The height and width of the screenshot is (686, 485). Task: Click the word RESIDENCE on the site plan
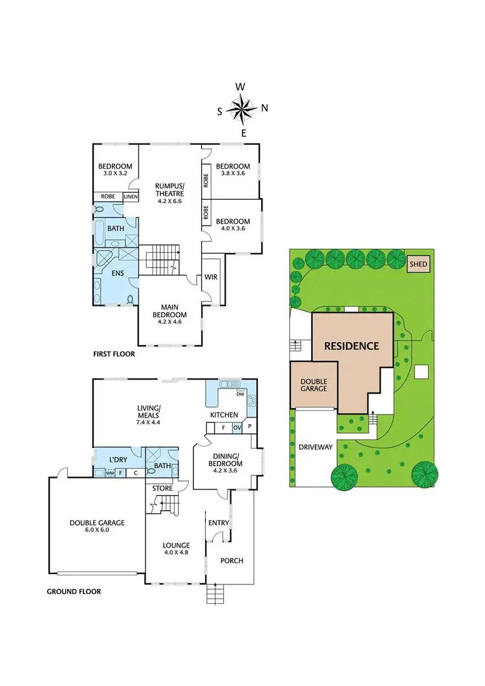coord(351,346)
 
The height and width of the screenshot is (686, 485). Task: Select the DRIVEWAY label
coord(315,447)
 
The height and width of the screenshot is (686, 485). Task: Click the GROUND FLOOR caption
coord(74,591)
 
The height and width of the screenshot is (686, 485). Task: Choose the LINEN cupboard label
coord(131,197)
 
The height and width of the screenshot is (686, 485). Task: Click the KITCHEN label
coord(224,414)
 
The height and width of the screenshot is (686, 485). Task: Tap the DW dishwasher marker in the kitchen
coord(239,393)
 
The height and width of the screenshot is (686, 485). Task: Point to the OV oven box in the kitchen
coord(237,427)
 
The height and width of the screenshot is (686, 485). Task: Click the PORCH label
coord(232,561)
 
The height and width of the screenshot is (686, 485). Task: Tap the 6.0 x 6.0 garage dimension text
coord(97,532)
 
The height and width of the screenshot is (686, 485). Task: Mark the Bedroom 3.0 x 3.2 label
coord(114,170)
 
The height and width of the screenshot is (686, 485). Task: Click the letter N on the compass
coord(264,108)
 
